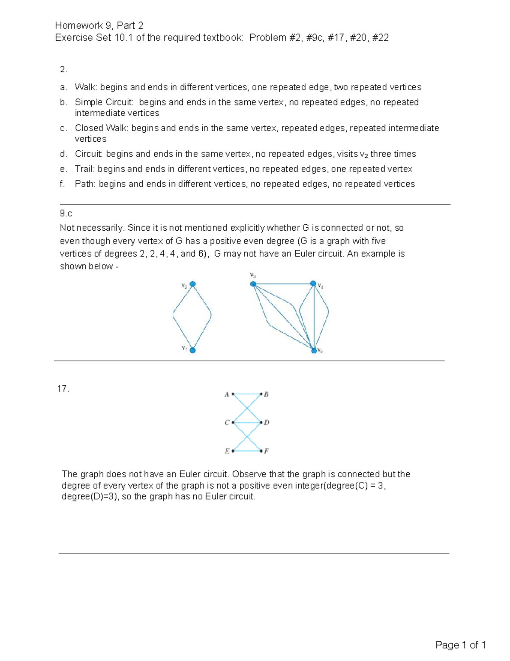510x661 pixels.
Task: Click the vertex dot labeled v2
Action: coord(193,284)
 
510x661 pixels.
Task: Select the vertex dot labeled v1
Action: coord(193,350)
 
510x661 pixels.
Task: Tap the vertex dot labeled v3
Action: coord(253,284)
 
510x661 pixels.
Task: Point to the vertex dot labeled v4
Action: coord(313,283)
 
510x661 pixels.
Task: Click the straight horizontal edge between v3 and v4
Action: coord(283,284)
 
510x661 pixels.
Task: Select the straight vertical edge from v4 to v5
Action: coord(314,317)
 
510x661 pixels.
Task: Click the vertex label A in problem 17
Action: coord(227,395)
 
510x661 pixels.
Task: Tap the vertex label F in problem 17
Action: coord(266,451)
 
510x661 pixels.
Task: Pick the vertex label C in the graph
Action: coord(227,423)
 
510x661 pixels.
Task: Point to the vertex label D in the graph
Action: coord(266,423)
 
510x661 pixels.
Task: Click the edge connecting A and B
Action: coord(247,395)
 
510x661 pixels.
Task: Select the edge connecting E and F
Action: coord(247,451)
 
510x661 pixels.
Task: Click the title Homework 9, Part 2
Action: coord(99,26)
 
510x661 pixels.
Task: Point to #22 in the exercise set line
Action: coord(380,38)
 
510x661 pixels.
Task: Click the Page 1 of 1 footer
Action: coord(460,645)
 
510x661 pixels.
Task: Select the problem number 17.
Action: coord(63,389)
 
